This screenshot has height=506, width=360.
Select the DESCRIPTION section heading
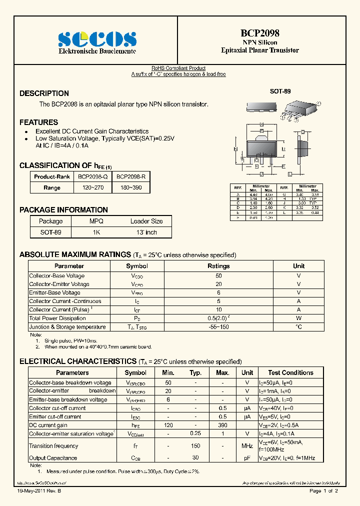point(44,93)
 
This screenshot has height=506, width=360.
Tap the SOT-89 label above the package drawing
point(280,91)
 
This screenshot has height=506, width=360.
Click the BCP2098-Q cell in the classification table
point(92,176)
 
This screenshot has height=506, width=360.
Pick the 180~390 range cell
point(131,187)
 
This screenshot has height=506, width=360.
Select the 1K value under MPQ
point(96,232)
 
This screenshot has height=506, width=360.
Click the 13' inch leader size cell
point(146,232)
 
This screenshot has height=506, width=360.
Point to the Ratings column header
point(218,266)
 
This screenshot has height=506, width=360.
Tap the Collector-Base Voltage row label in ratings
point(56,275)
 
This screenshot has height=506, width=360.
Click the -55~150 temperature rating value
point(218,327)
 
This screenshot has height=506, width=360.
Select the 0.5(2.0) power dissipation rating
point(218,318)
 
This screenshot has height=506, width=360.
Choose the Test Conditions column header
point(290,372)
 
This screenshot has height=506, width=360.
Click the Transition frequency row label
point(53,446)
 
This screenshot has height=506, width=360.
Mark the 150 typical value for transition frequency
point(195,446)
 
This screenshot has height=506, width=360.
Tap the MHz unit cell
point(247,446)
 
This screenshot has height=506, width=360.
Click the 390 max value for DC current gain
point(222,425)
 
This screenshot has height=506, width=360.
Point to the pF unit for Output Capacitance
point(247,458)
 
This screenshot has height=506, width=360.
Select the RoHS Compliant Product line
point(178,68)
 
